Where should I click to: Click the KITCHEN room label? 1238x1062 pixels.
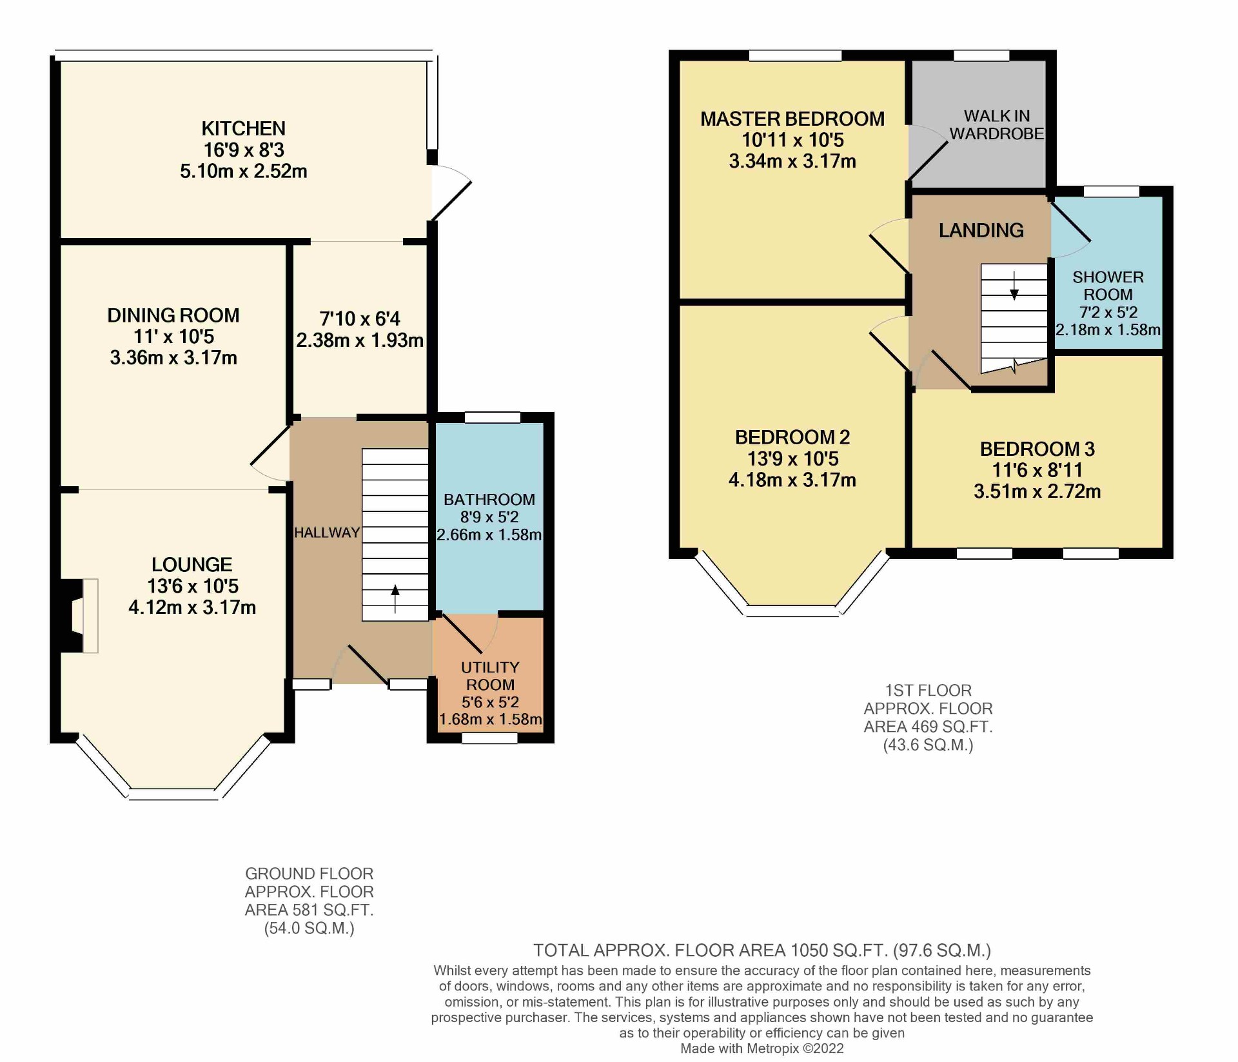click(243, 128)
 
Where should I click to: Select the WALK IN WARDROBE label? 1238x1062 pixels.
click(996, 124)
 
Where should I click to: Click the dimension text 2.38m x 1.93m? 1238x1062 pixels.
click(359, 340)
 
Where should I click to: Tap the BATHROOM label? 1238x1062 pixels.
click(489, 499)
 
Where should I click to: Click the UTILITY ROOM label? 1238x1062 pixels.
click(490, 676)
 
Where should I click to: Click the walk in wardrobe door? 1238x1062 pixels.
click(928, 155)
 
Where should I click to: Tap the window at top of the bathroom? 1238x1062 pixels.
click(493, 418)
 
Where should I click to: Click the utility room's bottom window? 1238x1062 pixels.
click(489, 738)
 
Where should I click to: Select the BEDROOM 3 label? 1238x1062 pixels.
click(1037, 449)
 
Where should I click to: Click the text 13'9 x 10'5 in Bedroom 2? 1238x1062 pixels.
click(792, 458)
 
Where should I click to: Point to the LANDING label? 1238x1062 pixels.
click(981, 230)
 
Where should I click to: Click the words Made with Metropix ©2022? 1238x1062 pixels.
click(761, 1048)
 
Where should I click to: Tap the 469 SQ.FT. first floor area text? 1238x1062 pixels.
click(928, 727)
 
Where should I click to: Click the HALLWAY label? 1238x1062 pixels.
click(327, 533)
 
